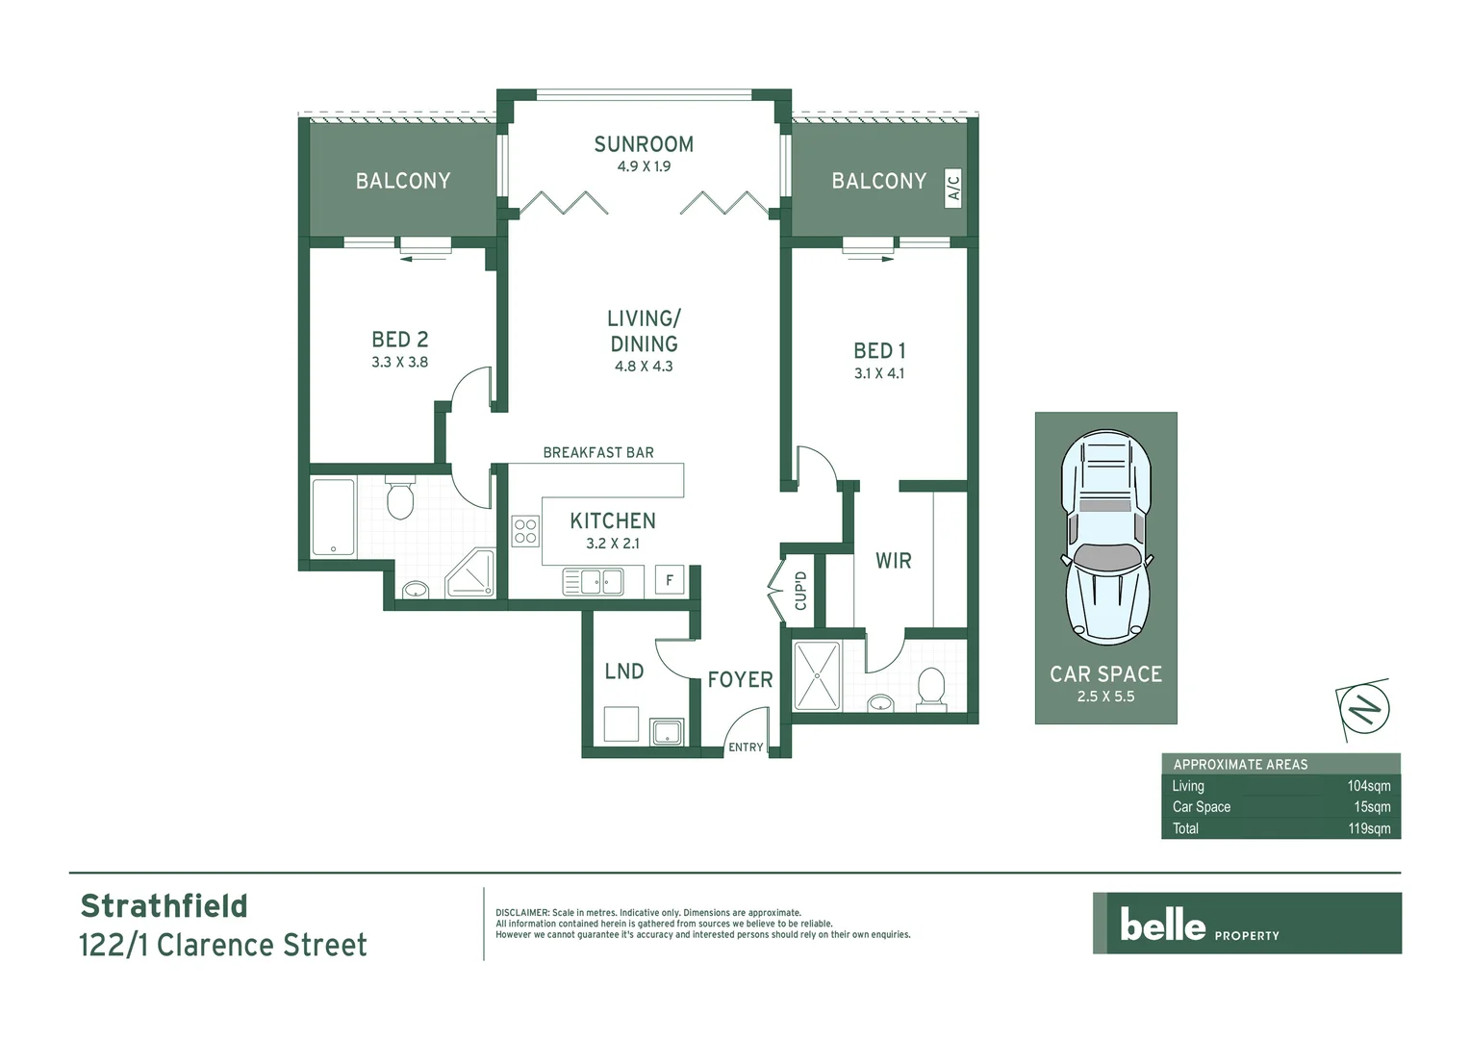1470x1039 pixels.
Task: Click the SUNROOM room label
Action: pyautogui.click(x=643, y=144)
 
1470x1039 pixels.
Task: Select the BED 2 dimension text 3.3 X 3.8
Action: pyautogui.click(x=399, y=363)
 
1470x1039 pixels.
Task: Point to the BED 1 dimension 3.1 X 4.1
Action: pyautogui.click(x=878, y=374)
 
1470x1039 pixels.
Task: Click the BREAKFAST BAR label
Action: pyautogui.click(x=597, y=453)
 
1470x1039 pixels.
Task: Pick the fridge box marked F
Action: pyautogui.click(x=670, y=580)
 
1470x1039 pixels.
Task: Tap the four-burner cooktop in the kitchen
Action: pyautogui.click(x=525, y=531)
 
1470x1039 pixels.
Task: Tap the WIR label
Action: pyautogui.click(x=893, y=561)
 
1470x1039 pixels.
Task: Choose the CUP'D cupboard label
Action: pyautogui.click(x=800, y=591)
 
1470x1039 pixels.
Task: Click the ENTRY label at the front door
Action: pyautogui.click(x=746, y=748)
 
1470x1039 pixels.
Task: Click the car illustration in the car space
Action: pyautogui.click(x=1105, y=538)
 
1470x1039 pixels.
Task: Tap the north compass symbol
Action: pyautogui.click(x=1363, y=710)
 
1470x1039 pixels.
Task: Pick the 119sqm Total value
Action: pyautogui.click(x=1369, y=828)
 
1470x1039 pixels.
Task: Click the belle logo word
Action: pyautogui.click(x=1162, y=925)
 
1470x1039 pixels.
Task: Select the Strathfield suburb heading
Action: pyautogui.click(x=164, y=906)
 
